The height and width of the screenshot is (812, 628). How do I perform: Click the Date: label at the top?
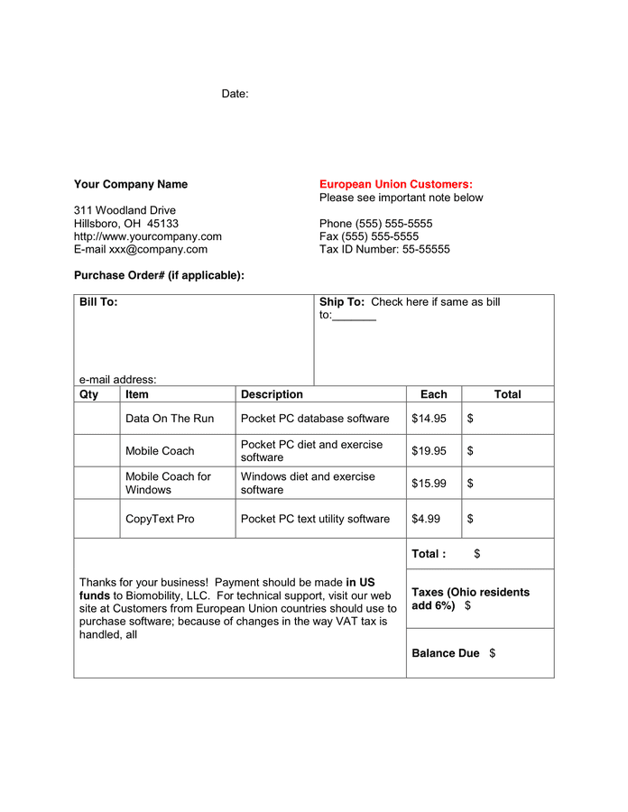point(235,94)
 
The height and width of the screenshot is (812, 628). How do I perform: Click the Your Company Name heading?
point(131,184)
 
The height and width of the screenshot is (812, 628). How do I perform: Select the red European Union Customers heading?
point(395,184)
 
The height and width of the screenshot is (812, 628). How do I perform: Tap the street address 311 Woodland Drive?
point(125,210)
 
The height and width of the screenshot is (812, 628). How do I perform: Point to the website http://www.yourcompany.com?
point(147,236)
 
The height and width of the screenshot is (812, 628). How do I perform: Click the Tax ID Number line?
point(384,249)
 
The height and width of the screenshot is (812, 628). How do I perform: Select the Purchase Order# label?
point(159,275)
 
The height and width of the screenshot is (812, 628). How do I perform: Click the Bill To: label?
point(98,302)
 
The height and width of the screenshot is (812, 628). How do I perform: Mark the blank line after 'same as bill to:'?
point(355,316)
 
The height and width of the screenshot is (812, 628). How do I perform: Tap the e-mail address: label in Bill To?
point(117,380)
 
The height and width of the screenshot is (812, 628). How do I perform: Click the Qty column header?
point(89,394)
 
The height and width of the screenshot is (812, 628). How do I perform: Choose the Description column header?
point(272,394)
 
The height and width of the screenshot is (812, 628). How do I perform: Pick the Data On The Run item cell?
point(170,419)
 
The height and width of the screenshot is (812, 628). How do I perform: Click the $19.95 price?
point(429,450)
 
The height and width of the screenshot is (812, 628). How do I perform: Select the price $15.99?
point(429,484)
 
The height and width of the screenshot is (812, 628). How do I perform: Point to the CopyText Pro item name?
point(160,519)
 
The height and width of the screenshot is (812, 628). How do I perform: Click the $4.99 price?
point(426,519)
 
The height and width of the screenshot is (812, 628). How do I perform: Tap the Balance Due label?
point(445,653)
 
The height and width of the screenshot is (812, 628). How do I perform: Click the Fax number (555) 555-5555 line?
point(369,236)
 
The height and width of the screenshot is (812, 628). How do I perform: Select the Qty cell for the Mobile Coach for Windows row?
point(97,484)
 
